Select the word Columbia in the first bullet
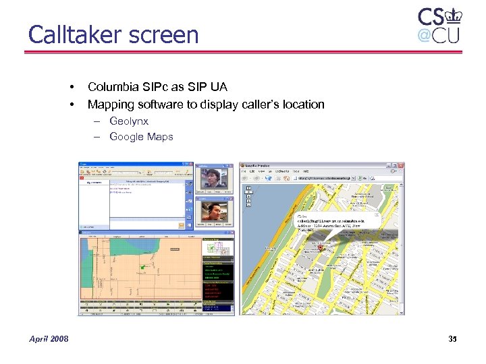(113, 86)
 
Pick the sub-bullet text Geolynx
(129, 121)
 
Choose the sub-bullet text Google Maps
(141, 137)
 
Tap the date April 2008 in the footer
(49, 338)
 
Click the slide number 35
(452, 338)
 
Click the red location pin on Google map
(322, 248)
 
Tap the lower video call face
(213, 214)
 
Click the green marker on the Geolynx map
(142, 269)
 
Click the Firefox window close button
(401, 165)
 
